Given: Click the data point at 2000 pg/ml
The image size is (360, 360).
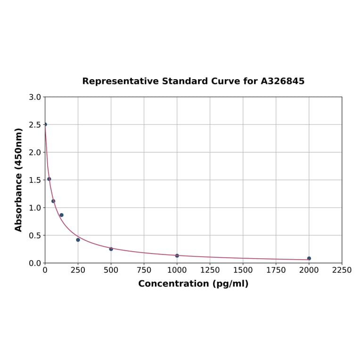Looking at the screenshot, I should point(309,258).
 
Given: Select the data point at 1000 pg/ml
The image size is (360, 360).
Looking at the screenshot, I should point(177,255).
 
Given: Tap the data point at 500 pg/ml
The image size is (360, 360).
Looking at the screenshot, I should point(111,249).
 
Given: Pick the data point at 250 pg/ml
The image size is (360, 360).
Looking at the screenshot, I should point(78,240).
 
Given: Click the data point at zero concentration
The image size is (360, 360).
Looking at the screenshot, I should point(45,124).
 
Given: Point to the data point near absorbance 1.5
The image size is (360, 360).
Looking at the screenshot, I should point(49,179).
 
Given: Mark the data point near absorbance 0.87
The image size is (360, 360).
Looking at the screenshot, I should point(61,215).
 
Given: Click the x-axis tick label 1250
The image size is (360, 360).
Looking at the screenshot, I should point(210,270).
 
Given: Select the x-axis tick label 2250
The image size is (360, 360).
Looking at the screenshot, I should point(342,270).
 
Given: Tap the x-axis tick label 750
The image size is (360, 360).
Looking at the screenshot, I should point(144,270).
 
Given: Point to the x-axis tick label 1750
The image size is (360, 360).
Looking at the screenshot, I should point(276,270).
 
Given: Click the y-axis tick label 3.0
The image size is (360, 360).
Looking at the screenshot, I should point(35,97).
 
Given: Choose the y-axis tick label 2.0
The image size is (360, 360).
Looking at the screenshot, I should point(35,152).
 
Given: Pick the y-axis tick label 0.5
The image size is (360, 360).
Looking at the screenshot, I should point(35,235).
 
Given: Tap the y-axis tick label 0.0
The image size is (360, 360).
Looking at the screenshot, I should point(35,263).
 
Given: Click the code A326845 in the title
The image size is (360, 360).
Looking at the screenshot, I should point(283,81).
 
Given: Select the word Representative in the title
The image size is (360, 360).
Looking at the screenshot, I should point(120,81).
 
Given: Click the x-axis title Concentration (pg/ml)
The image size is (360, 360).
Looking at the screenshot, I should point(193,284).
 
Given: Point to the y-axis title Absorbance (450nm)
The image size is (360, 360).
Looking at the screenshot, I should point(19,180).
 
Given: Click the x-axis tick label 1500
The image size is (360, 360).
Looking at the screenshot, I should point(243,270).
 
